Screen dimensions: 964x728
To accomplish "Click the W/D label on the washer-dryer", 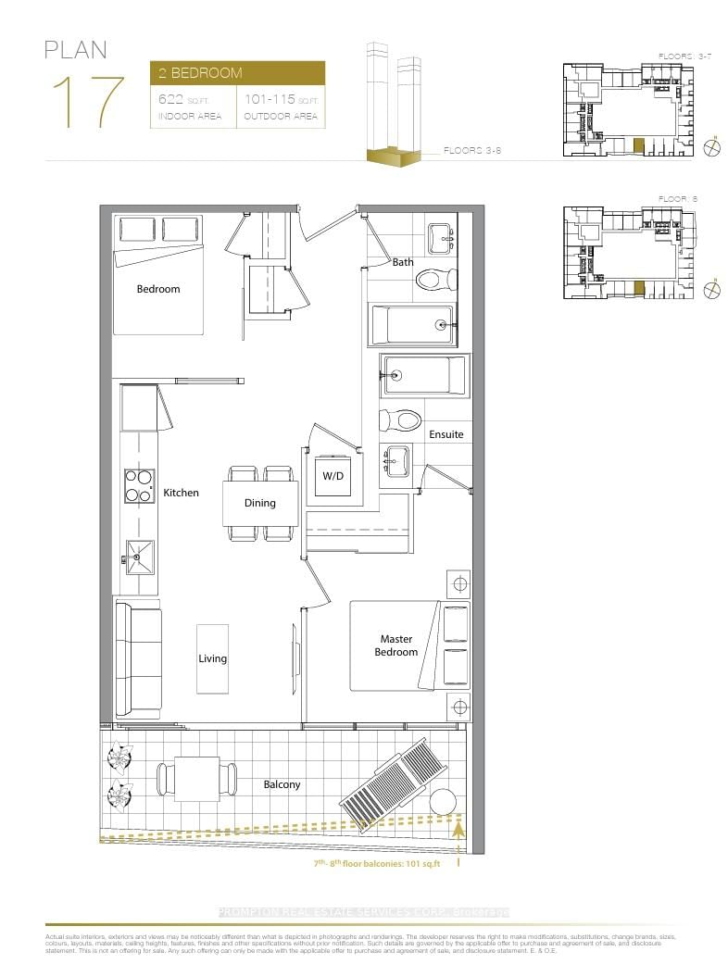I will tap(333, 477).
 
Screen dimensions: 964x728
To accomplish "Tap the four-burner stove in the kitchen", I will tap(138, 485).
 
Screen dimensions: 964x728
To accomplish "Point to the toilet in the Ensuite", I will tap(399, 420).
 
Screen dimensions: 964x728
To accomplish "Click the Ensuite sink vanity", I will tap(397, 460).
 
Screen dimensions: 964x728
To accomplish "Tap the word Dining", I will tap(259, 504).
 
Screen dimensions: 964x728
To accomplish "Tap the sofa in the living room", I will tap(136, 657).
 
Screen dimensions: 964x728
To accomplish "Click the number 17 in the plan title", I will tap(88, 103).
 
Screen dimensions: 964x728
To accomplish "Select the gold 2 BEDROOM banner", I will tap(237, 72).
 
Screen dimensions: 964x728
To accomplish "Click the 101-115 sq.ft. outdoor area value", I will tap(281, 99).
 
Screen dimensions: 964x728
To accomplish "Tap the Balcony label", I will tap(282, 784).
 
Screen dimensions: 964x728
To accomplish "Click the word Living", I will tap(212, 658).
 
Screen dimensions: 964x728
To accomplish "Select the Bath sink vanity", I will tap(438, 239).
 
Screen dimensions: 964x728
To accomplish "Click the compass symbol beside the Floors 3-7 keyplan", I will tap(713, 145).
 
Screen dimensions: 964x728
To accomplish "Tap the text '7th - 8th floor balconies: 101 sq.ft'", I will tap(375, 864).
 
